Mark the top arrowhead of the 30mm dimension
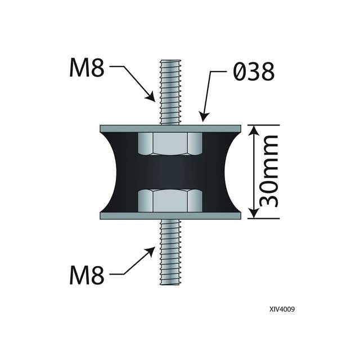(253, 130)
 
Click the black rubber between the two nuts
(170, 172)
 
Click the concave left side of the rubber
(119, 172)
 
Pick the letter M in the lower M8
(79, 276)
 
